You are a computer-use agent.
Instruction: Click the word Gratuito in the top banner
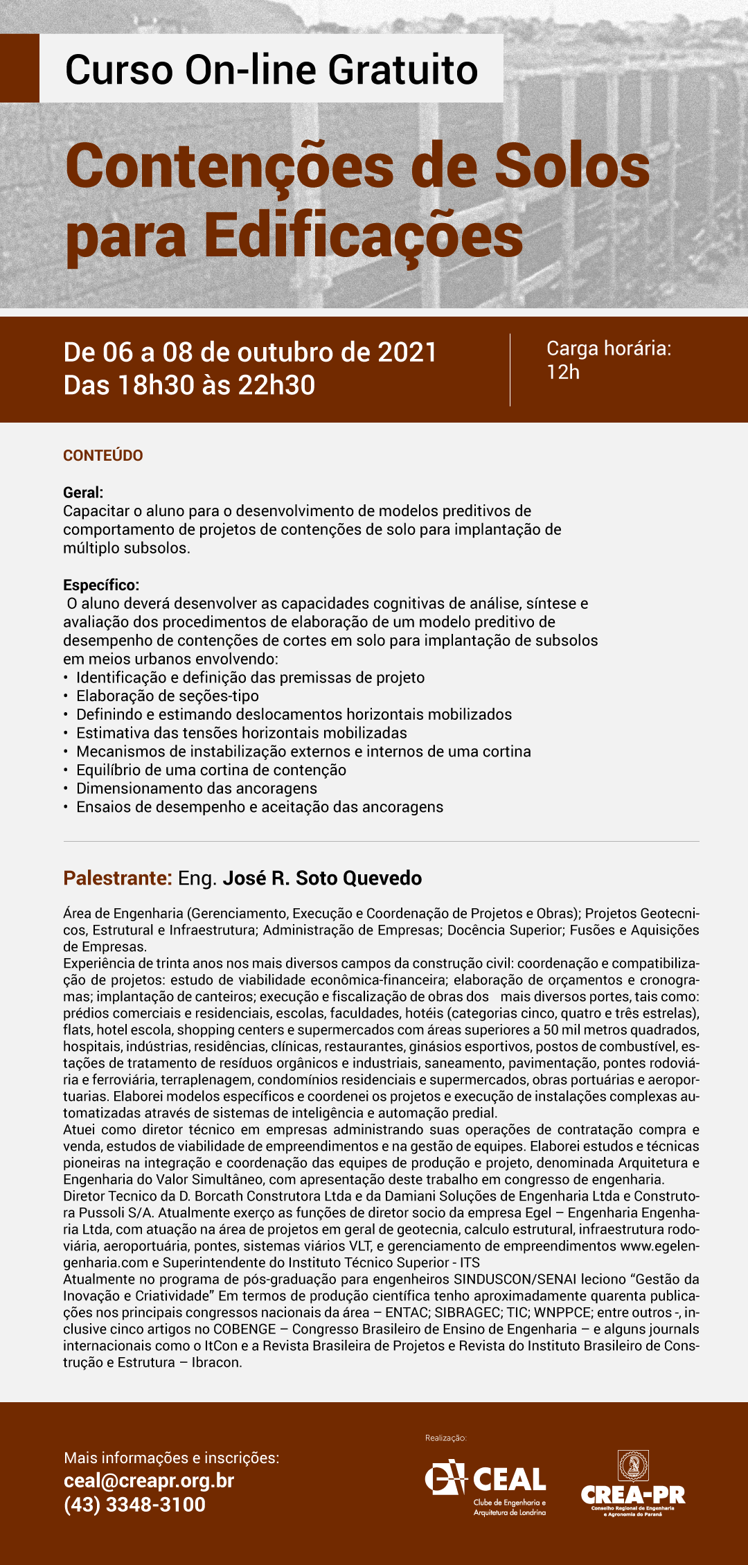pos(402,70)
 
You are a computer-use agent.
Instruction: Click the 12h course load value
pos(563,372)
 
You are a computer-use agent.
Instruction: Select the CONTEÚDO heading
pos(103,455)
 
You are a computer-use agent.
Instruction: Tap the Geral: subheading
pos(83,493)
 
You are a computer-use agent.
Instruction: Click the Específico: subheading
pos(101,585)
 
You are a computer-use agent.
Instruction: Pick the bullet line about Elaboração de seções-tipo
pos(168,696)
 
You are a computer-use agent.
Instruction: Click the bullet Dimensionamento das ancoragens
pos(197,788)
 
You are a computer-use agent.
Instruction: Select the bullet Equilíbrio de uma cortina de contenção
pos(211,770)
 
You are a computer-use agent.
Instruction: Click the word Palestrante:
pos(117,878)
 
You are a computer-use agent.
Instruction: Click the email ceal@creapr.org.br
pos(149,1480)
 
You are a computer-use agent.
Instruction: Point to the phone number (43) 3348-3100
pos(134,1505)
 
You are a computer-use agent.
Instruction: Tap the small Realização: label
pos(446,1438)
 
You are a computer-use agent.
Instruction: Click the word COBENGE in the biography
pos(244,1329)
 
